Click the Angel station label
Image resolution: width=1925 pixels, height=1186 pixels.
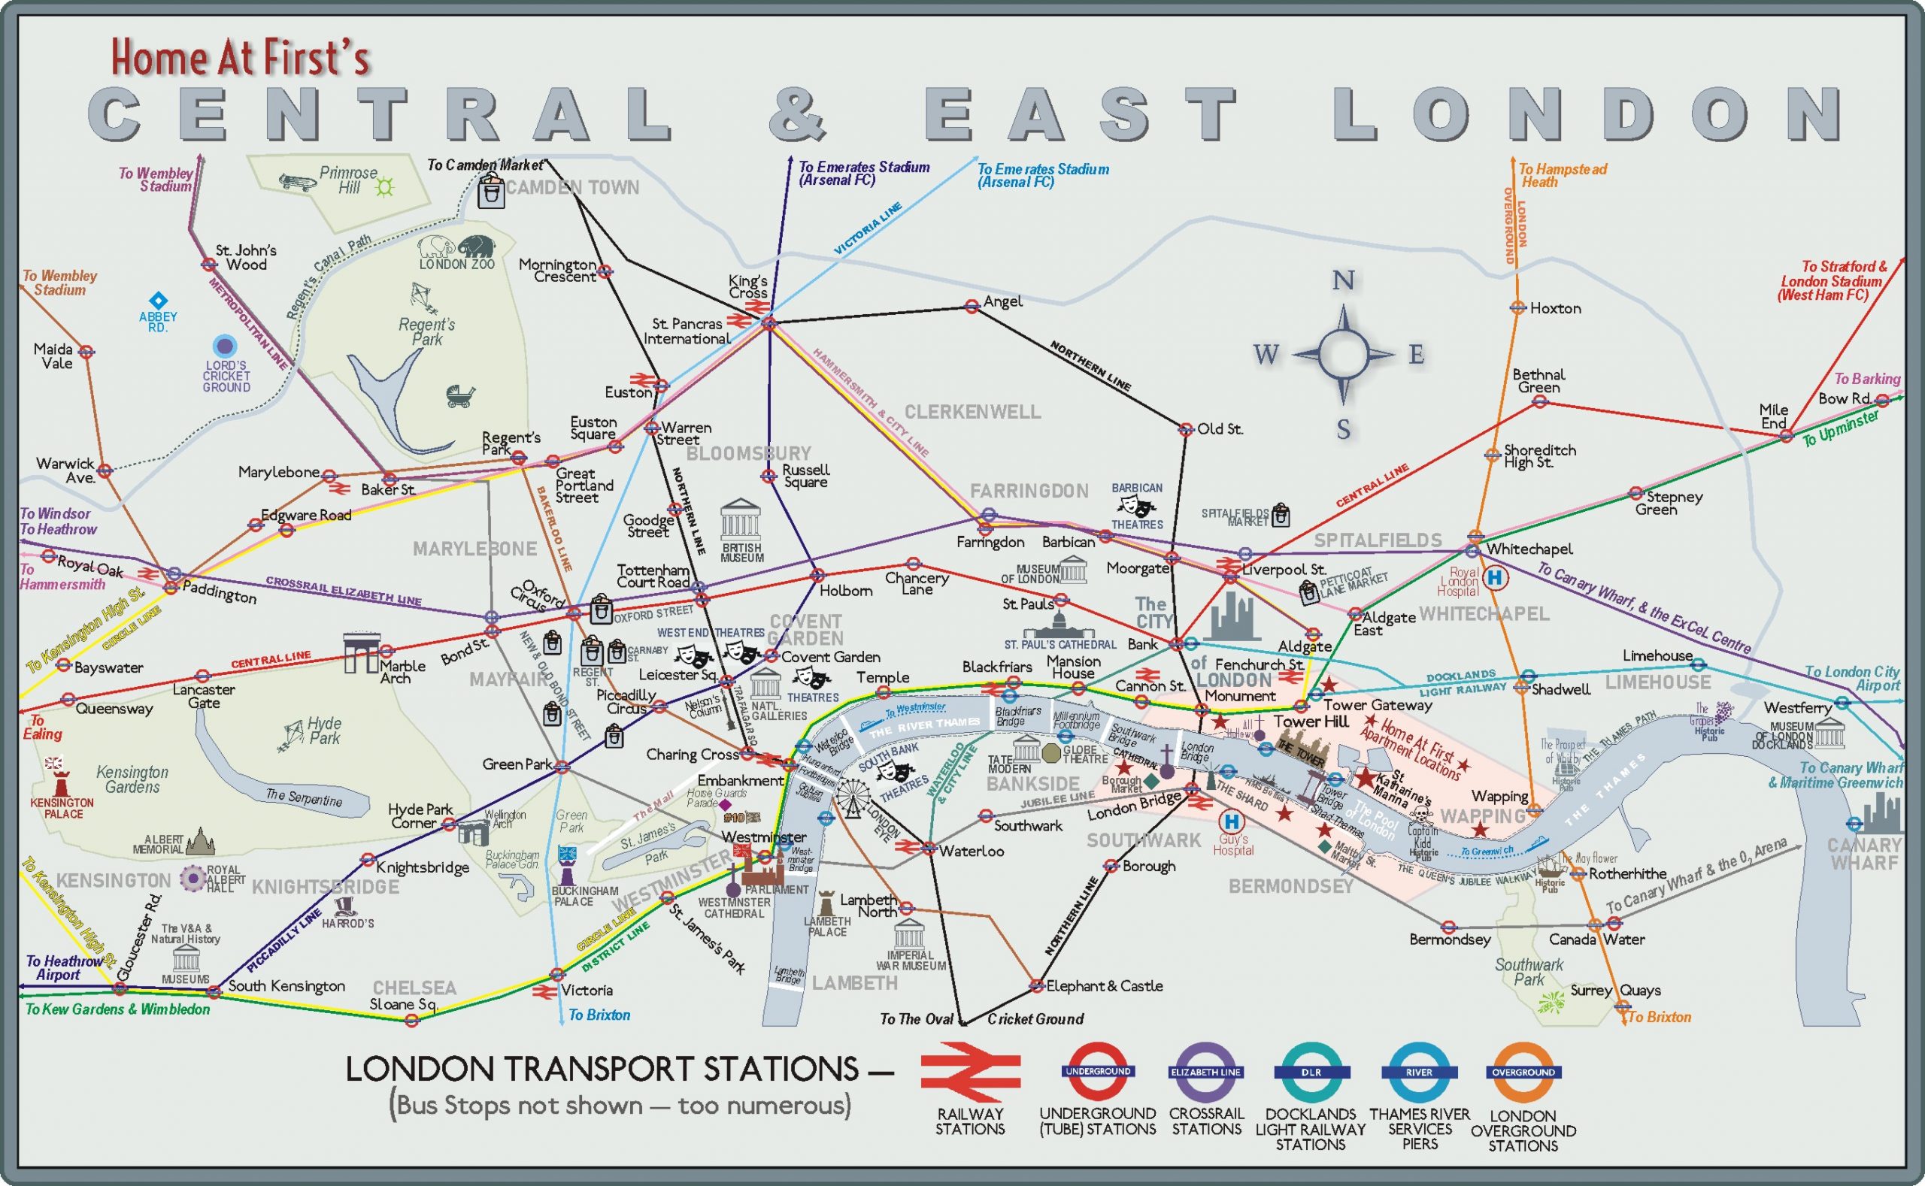point(1002,301)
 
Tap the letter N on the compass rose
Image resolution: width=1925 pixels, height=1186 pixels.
point(1343,281)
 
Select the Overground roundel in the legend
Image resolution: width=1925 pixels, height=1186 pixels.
point(1523,1072)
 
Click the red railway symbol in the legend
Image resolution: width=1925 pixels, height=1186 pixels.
point(970,1072)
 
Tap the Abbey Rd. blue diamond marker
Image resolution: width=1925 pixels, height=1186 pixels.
point(159,301)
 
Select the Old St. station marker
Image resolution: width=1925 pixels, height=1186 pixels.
point(1186,429)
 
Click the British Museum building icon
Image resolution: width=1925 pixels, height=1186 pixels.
point(740,519)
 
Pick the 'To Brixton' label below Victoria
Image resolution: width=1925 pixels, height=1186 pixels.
point(599,1015)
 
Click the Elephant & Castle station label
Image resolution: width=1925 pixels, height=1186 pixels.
point(1103,986)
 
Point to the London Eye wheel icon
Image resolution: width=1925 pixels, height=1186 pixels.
point(853,798)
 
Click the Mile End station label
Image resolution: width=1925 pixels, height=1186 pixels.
point(1773,416)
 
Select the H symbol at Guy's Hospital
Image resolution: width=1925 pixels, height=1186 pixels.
point(1231,821)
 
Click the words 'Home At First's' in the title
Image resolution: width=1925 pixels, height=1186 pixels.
point(239,57)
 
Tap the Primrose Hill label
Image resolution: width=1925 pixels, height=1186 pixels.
point(347,180)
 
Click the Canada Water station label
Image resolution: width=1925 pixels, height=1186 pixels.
point(1596,939)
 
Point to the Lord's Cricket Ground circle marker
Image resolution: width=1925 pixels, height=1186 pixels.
point(226,346)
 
